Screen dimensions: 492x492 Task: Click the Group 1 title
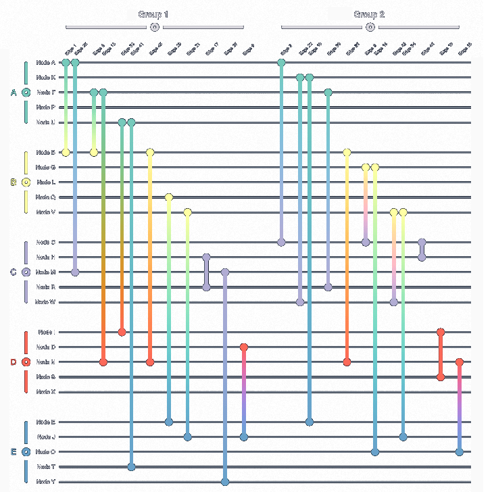click(153, 14)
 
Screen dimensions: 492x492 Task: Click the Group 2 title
click(369, 14)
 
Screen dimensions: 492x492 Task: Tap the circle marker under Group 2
click(370, 27)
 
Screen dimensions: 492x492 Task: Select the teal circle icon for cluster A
click(26, 93)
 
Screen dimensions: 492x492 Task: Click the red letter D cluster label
click(13, 362)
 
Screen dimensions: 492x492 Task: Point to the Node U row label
click(46, 122)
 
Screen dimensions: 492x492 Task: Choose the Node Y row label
click(46, 482)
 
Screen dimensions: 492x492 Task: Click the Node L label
click(46, 182)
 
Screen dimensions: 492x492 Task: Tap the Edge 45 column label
click(156, 49)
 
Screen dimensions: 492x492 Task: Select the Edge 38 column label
click(465, 49)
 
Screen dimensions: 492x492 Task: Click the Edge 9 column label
click(249, 49)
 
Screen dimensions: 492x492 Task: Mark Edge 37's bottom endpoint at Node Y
click(225, 482)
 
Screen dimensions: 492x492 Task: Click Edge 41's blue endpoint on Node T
click(131, 467)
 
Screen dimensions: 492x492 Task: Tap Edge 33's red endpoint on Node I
click(122, 332)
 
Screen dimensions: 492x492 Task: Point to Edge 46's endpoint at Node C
click(422, 242)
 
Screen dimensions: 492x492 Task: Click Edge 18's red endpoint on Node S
click(441, 377)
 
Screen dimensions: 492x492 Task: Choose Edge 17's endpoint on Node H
click(206, 257)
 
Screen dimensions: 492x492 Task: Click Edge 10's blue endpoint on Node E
click(310, 422)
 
